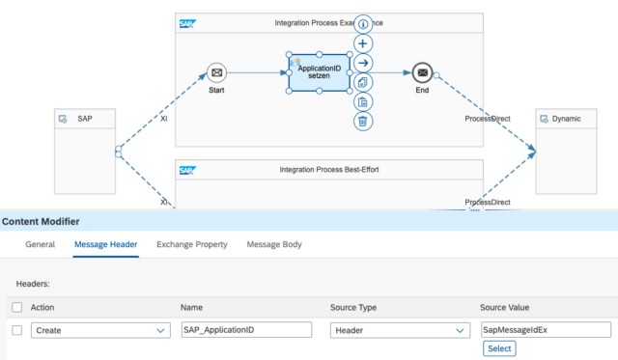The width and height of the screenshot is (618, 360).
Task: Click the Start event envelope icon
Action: pos(216,72)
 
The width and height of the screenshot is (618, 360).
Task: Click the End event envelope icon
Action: pos(421,72)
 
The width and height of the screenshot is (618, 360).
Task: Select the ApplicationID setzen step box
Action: pos(319,73)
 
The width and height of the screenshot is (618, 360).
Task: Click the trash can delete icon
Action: pos(362,121)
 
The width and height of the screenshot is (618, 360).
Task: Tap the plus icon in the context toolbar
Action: pos(362,43)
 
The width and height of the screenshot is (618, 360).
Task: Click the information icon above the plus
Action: pos(362,24)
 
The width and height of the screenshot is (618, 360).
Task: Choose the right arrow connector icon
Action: pos(362,63)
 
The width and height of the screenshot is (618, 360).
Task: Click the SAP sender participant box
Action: pos(84,152)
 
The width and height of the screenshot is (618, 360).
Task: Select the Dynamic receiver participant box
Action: pos(574,152)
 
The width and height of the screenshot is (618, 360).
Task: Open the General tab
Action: pos(40,244)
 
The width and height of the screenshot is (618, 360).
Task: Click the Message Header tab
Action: pos(106,244)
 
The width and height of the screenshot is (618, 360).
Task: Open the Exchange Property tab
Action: pos(192,244)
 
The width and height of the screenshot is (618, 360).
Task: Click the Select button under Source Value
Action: pos(499,348)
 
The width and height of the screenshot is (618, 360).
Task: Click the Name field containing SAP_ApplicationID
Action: pos(246,330)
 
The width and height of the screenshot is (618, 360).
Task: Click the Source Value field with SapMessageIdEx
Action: pos(545,330)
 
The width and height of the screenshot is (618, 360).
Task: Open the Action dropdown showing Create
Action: pos(100,330)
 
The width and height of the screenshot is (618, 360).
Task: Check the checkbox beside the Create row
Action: pos(15,330)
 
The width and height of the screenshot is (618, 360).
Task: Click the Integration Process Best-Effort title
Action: pos(327,170)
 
